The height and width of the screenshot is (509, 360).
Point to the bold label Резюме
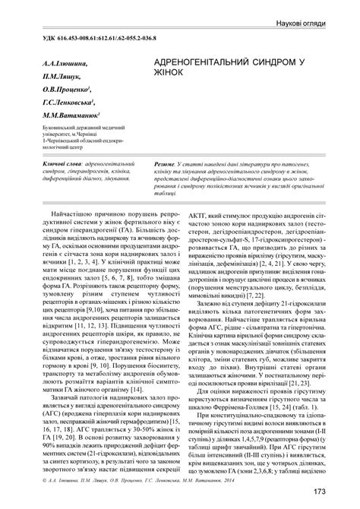coord(166,163)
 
